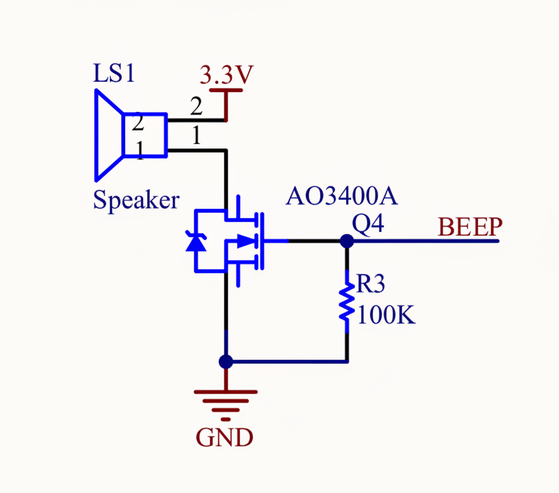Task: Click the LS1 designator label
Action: click(114, 74)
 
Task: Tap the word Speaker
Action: click(136, 200)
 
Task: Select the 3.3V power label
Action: click(227, 76)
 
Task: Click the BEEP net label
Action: click(470, 226)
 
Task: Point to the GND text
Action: click(225, 438)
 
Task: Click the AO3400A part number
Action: click(342, 197)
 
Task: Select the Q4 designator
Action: click(368, 224)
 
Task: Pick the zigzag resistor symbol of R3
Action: click(347, 303)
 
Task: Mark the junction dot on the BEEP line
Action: click(347, 240)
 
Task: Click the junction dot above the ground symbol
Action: click(226, 362)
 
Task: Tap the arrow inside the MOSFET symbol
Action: click(247, 240)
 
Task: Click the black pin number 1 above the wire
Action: click(196, 136)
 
